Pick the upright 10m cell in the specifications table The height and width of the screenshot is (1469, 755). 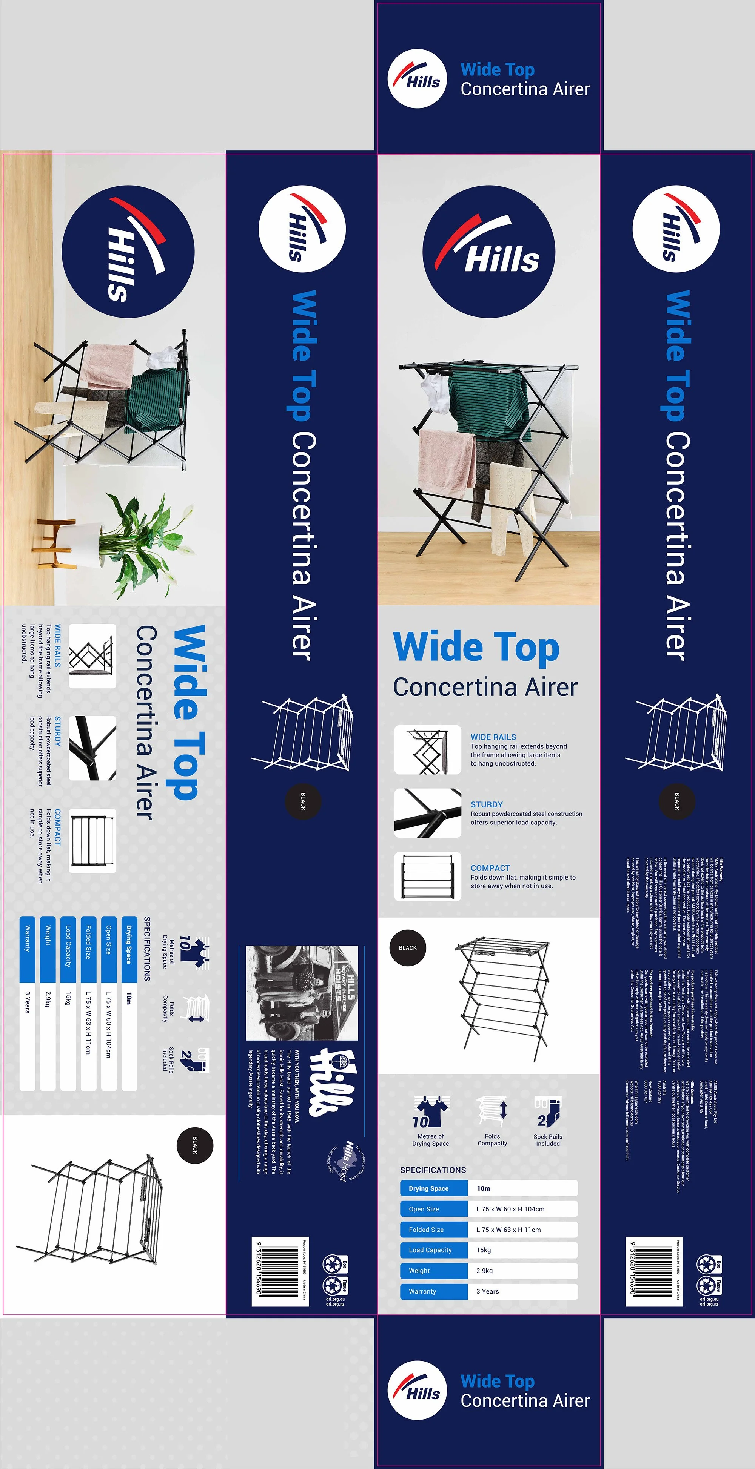[x=483, y=1188]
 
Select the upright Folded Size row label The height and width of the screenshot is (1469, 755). [x=426, y=1230]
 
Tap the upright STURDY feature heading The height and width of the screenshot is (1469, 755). [x=486, y=804]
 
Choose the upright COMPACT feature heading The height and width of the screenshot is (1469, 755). [x=490, y=868]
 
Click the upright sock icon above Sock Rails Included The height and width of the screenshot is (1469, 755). [x=548, y=1110]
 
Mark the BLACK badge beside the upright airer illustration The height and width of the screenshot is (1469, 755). [x=407, y=948]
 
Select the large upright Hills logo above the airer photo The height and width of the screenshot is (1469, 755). [x=488, y=252]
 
